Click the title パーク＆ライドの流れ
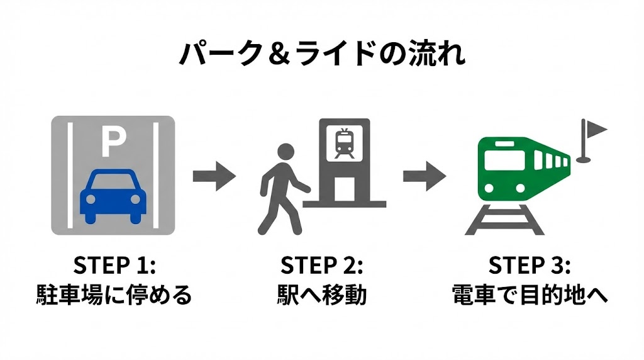tap(322, 55)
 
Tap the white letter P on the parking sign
tap(113, 142)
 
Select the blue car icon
tap(113, 195)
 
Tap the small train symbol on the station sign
tap(344, 143)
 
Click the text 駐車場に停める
tap(114, 295)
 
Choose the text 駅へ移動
tap(321, 295)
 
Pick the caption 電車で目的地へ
tap(530, 295)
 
